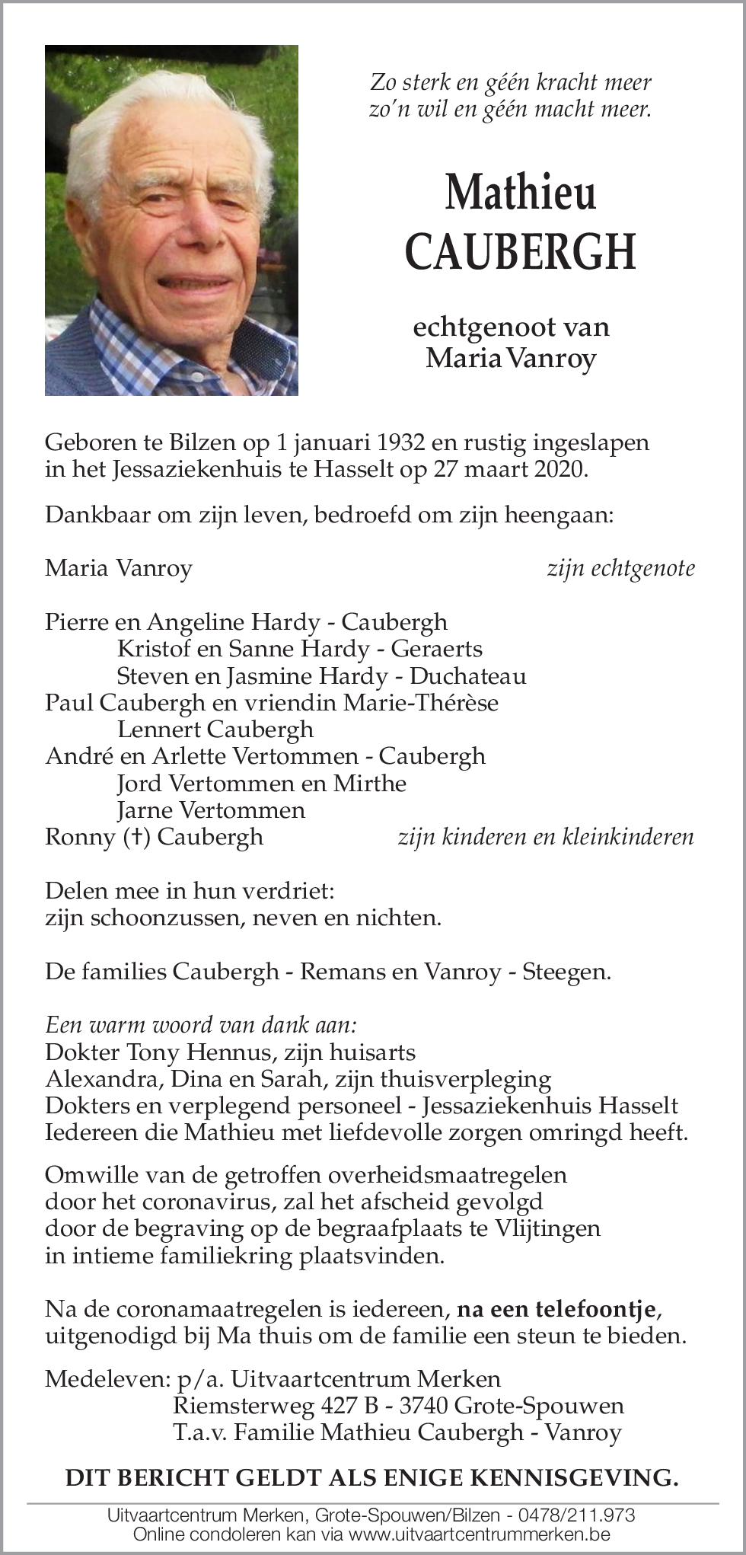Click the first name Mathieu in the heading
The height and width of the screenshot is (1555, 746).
pos(521,192)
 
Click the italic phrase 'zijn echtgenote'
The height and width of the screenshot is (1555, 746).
pos(620,568)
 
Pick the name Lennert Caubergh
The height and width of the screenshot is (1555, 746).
pos(215,730)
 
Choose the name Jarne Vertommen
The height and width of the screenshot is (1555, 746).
pos(211,810)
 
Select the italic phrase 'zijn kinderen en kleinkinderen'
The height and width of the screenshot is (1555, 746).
pos(545,837)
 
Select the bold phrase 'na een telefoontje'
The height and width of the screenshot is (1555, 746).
pos(555,1310)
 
